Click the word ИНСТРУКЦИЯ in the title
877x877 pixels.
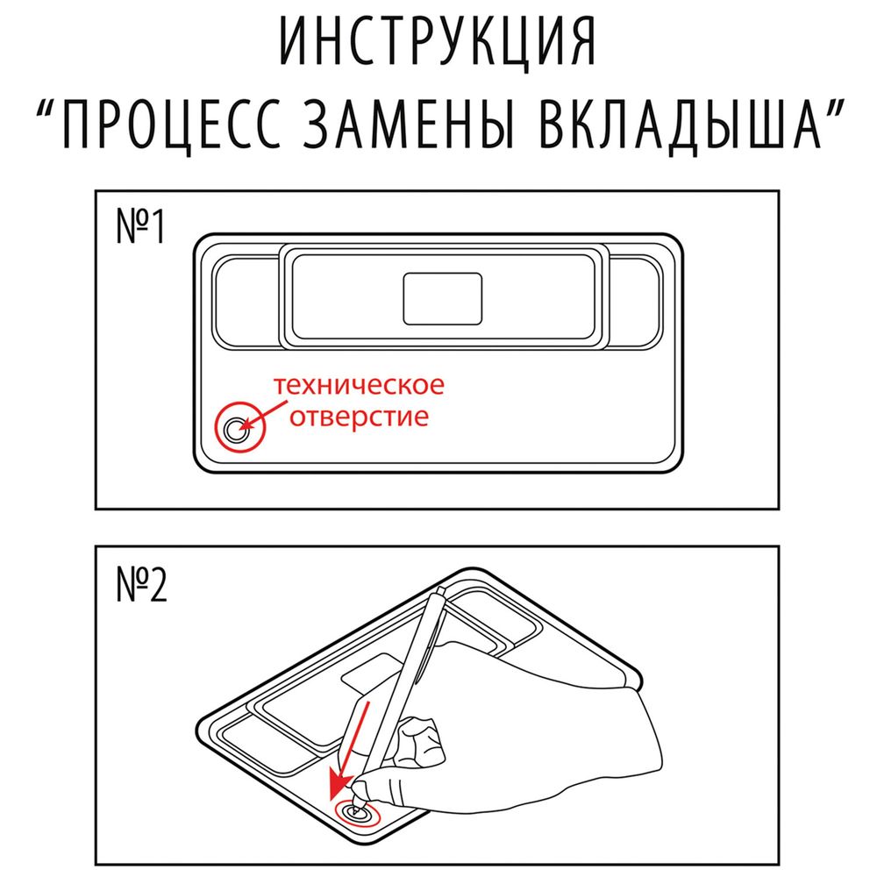click(x=438, y=42)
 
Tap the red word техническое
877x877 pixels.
click(x=357, y=386)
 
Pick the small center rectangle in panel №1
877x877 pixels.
click(x=442, y=297)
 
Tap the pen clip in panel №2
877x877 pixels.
click(x=428, y=667)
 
